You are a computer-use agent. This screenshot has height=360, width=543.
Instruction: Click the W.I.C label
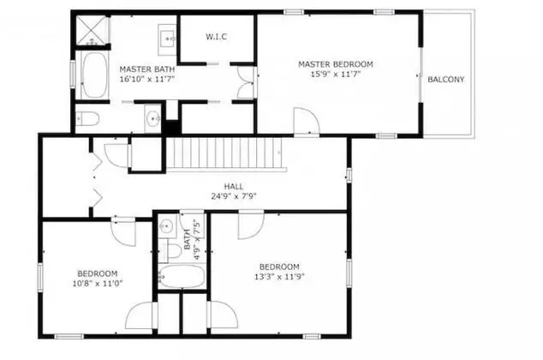tap(217, 37)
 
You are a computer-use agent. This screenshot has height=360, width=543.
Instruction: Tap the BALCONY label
tap(445, 80)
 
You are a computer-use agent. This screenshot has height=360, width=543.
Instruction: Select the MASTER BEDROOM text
tap(336, 64)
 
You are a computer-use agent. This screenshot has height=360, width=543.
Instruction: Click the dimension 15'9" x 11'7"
tap(336, 74)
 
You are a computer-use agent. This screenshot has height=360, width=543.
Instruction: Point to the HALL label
tap(234, 187)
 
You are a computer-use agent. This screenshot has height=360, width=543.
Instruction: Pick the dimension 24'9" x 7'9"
tap(234, 196)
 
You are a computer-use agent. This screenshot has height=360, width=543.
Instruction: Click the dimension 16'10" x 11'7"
tap(146, 79)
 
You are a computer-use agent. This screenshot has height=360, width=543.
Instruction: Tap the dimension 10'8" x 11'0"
tap(98, 284)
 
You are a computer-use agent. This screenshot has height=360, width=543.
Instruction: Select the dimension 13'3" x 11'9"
tap(279, 277)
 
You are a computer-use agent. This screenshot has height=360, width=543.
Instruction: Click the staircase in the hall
tap(226, 153)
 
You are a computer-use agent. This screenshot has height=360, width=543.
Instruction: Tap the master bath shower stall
tap(92, 30)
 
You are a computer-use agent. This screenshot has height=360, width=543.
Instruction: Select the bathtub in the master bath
tap(95, 75)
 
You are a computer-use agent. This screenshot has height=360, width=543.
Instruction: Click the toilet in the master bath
tap(87, 118)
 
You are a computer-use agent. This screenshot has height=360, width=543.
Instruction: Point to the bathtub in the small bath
tap(182, 277)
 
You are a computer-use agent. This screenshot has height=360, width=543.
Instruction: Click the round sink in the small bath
tap(166, 226)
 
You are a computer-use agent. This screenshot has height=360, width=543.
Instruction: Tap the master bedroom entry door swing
tap(306, 120)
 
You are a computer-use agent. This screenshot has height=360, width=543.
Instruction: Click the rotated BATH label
tap(188, 239)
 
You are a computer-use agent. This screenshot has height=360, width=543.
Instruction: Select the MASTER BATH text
tap(146, 69)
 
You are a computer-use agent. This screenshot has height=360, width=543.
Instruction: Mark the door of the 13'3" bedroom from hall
tap(251, 225)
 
